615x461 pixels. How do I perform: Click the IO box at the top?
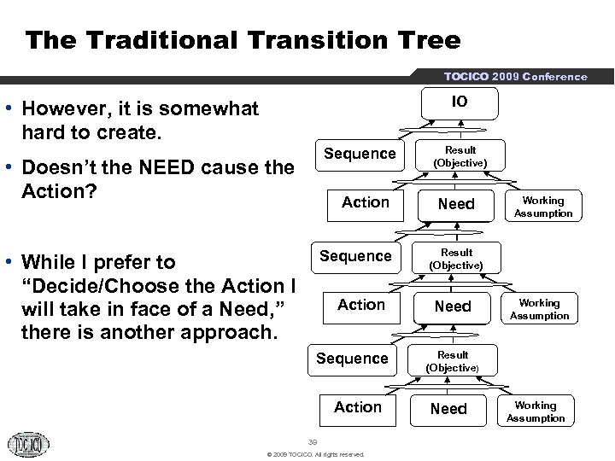click(x=460, y=102)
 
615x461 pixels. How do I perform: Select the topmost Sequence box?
click(x=360, y=154)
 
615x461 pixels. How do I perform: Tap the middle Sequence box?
click(x=355, y=256)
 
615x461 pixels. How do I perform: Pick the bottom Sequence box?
click(x=352, y=359)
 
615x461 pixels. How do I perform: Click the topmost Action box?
click(x=365, y=202)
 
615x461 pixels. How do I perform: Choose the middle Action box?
click(x=361, y=305)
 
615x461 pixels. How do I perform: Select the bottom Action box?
click(x=358, y=407)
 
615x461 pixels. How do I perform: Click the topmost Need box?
click(x=456, y=204)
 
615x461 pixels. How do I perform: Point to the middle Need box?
click(x=453, y=306)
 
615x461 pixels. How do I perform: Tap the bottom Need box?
click(x=449, y=409)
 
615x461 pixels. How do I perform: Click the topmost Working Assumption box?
click(x=543, y=207)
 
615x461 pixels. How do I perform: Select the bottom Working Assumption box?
click(x=536, y=411)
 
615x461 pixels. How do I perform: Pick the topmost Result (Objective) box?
click(x=460, y=156)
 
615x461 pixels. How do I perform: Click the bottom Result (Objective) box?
click(x=453, y=361)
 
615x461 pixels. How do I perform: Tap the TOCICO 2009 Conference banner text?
click(x=515, y=77)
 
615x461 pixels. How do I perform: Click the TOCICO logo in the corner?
click(x=29, y=444)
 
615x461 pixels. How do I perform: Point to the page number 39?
click(x=313, y=441)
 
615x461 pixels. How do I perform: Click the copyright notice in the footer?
click(x=315, y=454)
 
